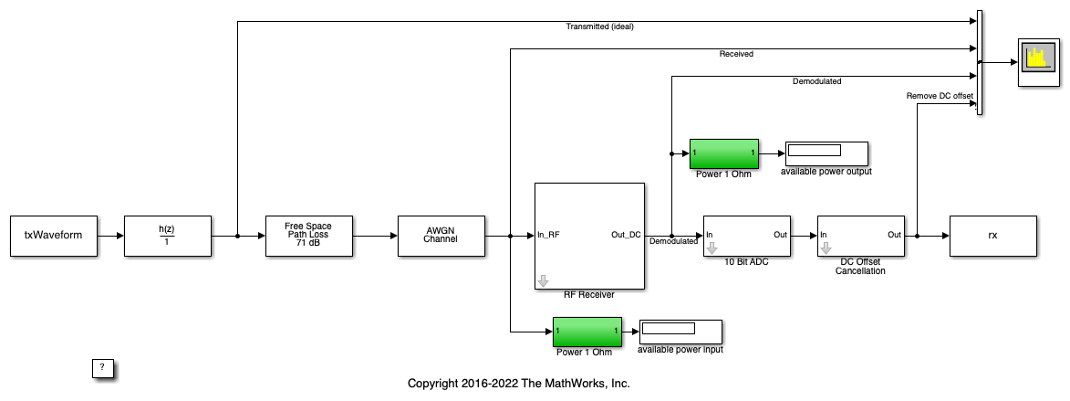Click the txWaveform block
tap(53, 236)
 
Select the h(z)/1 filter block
tap(167, 236)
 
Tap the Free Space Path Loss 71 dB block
tap(308, 236)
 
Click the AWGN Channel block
tap(442, 236)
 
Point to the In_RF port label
tap(549, 235)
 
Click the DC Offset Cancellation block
tap(860, 237)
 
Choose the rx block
tap(992, 236)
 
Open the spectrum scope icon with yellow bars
tap(1036, 61)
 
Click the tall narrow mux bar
tap(979, 63)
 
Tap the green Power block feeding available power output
tap(724, 153)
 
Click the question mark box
tap(102, 367)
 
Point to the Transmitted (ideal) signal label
tap(599, 26)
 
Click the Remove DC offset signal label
tap(940, 95)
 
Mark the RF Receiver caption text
tap(588, 295)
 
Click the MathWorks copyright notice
tap(518, 384)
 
